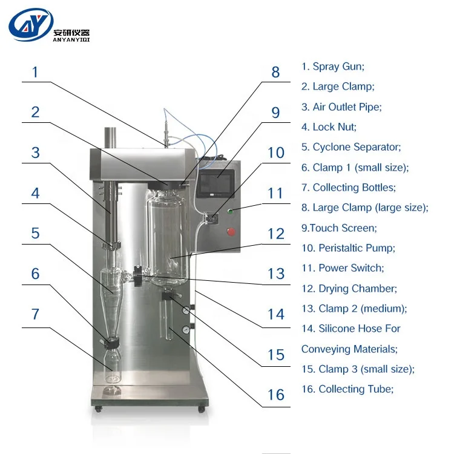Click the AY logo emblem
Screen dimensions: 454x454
[31, 25]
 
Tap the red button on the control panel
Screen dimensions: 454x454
[231, 232]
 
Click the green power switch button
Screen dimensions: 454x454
[231, 211]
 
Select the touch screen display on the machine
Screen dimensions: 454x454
[215, 184]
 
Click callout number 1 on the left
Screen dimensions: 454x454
[35, 72]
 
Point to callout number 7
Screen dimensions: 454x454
[35, 314]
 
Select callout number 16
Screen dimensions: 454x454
[276, 395]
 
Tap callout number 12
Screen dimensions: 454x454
[276, 234]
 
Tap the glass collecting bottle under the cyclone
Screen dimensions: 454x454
[113, 366]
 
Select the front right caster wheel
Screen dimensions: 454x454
[201, 409]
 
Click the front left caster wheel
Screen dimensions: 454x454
[98, 409]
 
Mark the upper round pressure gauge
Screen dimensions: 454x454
[186, 311]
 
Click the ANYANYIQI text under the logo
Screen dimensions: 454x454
[71, 40]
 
